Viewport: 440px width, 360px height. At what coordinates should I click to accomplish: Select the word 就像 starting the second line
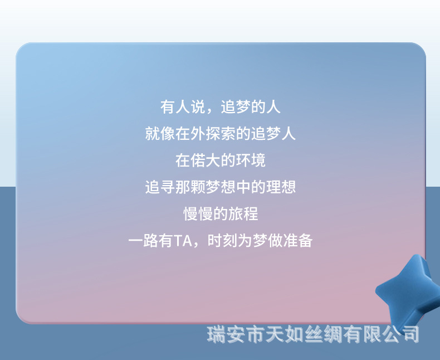[159, 134]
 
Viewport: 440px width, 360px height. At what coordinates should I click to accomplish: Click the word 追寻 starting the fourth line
[159, 187]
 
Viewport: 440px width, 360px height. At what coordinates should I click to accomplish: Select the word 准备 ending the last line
[298, 241]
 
